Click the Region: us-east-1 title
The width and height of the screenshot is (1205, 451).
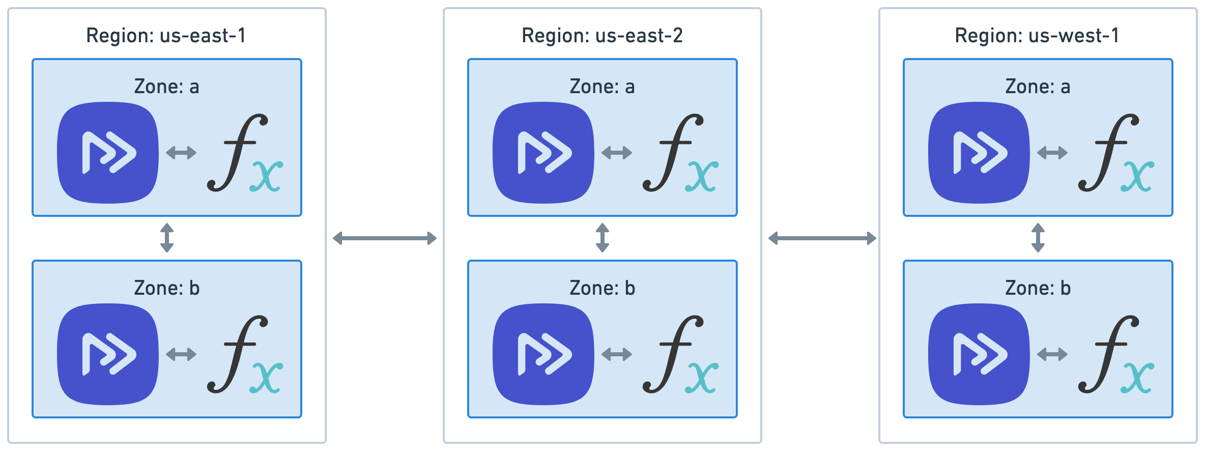click(166, 36)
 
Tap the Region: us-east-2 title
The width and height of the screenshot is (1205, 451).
click(602, 36)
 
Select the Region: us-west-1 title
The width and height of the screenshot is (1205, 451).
click(1037, 36)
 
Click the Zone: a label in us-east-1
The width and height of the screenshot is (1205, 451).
click(166, 87)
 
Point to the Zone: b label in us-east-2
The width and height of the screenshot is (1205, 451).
click(602, 288)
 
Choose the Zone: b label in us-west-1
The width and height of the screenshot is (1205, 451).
click(1038, 288)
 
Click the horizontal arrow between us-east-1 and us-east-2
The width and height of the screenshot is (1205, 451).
click(385, 238)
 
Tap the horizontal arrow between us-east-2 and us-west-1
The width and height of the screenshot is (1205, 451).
click(822, 238)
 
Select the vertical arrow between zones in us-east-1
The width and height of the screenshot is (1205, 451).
click(167, 238)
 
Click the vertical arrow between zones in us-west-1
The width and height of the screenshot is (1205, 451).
click(1038, 238)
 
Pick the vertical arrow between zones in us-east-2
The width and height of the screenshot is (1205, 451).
click(602, 238)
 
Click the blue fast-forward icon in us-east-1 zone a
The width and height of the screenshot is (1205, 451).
click(108, 153)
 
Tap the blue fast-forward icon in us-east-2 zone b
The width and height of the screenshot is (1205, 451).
click(543, 354)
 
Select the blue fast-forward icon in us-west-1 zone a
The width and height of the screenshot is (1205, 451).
click(979, 153)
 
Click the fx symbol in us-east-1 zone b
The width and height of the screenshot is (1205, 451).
click(244, 354)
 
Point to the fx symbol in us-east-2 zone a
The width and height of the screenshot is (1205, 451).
click(680, 153)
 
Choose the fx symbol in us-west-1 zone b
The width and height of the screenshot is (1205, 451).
click(1115, 354)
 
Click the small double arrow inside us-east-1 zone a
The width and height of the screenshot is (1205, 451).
click(181, 152)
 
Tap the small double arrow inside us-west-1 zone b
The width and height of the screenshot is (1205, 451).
click(1052, 354)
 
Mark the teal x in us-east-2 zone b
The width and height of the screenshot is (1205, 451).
click(702, 378)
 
